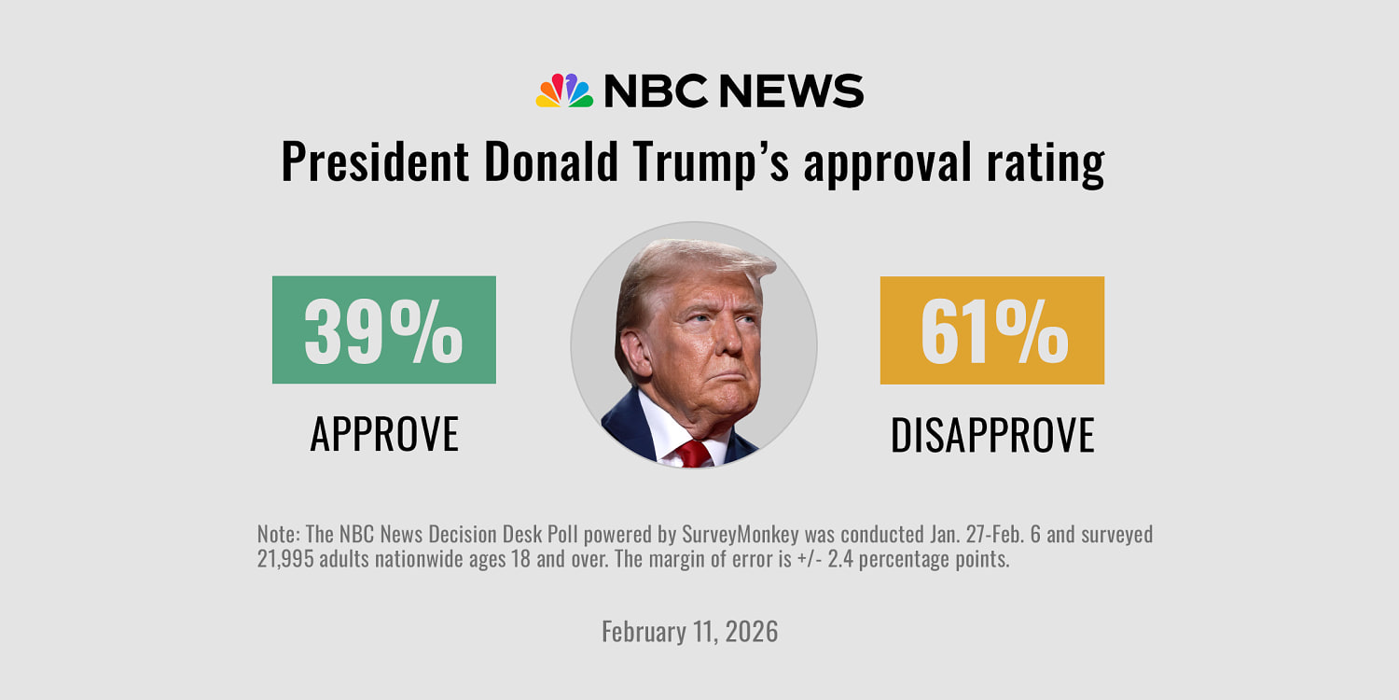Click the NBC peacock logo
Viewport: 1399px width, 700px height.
(x=564, y=91)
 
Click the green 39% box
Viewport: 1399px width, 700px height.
(x=383, y=329)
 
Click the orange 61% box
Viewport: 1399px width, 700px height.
(x=991, y=329)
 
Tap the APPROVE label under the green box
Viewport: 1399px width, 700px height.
(x=384, y=434)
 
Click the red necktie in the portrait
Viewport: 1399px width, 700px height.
(x=692, y=453)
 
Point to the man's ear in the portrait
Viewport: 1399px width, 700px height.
(x=636, y=353)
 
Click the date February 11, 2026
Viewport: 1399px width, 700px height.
(x=689, y=631)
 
